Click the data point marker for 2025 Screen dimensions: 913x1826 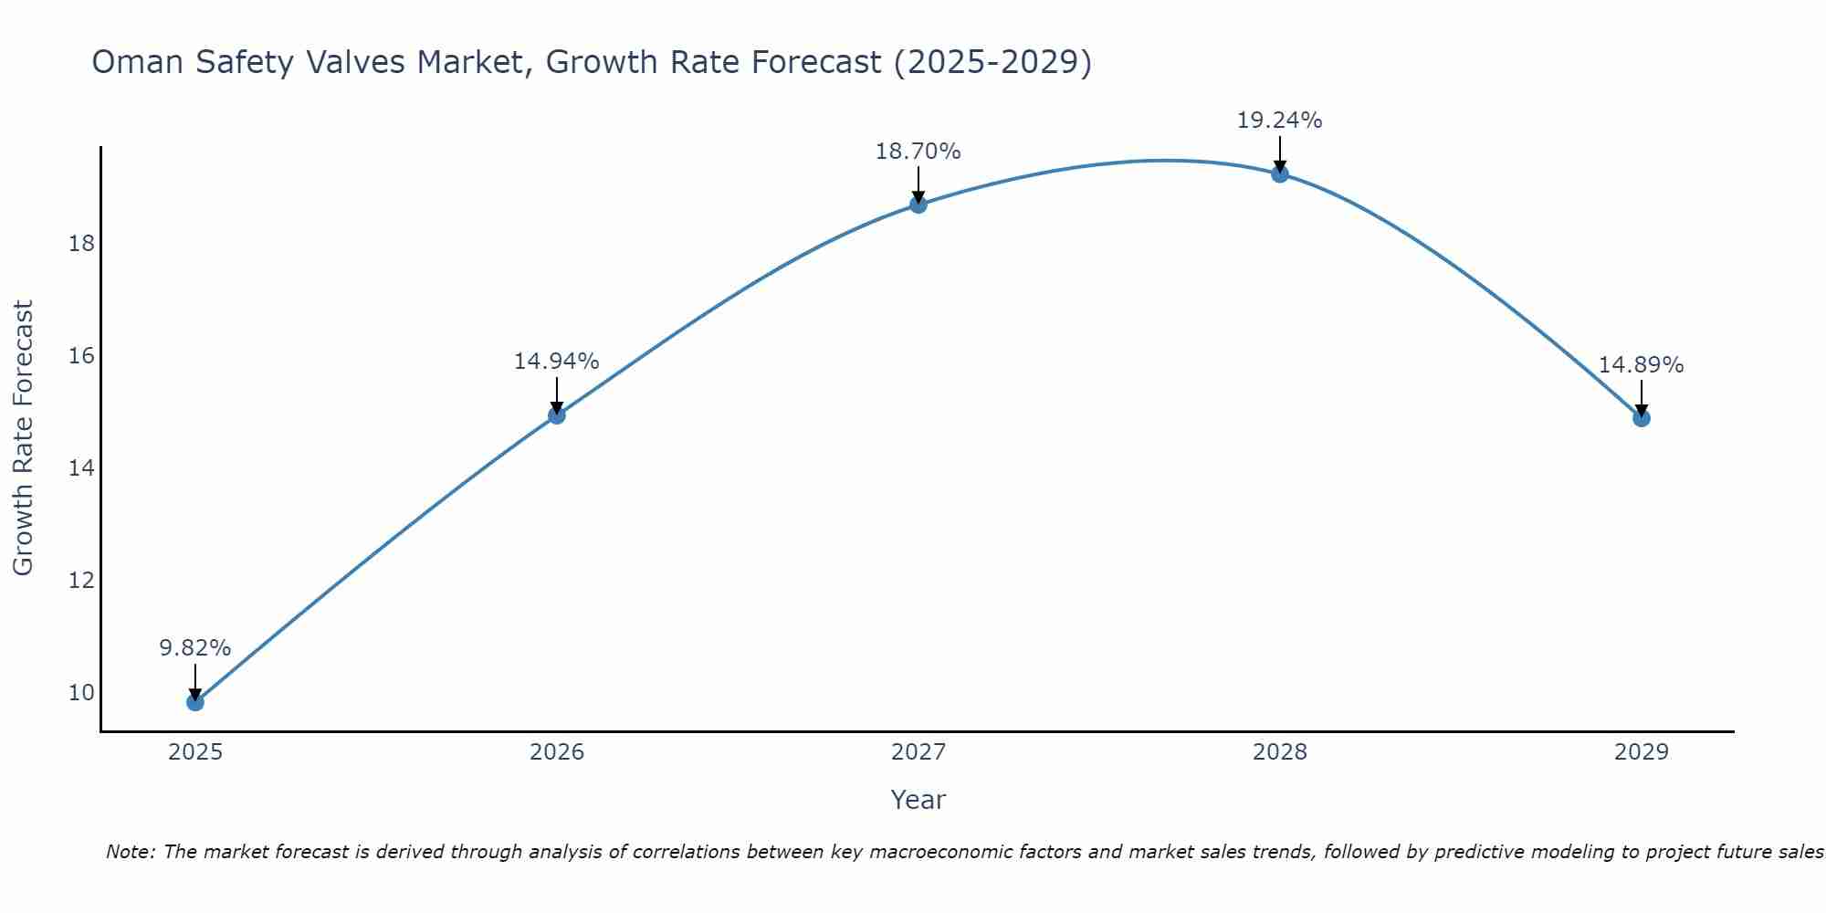click(x=195, y=702)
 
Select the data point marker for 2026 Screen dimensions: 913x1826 click(x=557, y=415)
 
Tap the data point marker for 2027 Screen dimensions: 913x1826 click(x=918, y=205)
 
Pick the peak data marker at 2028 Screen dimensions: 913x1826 click(x=1280, y=173)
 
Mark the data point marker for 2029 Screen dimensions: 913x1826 click(x=1642, y=418)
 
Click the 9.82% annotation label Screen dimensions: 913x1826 click(x=195, y=648)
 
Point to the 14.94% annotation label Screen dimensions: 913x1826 click(x=557, y=362)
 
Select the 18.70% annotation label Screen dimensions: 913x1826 click(x=918, y=152)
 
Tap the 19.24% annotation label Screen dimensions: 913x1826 click(x=1280, y=121)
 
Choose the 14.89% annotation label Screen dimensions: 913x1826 click(x=1642, y=365)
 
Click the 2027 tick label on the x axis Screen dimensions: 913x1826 click(x=918, y=752)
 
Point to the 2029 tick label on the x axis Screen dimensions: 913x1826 click(x=1642, y=752)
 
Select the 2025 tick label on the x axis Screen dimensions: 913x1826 click(x=195, y=752)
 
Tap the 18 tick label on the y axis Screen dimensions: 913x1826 click(x=82, y=244)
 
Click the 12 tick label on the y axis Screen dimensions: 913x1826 click(x=82, y=581)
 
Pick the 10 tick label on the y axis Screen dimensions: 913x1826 click(x=82, y=693)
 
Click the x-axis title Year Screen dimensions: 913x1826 click(x=918, y=800)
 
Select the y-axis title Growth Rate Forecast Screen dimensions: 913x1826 click(x=23, y=438)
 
